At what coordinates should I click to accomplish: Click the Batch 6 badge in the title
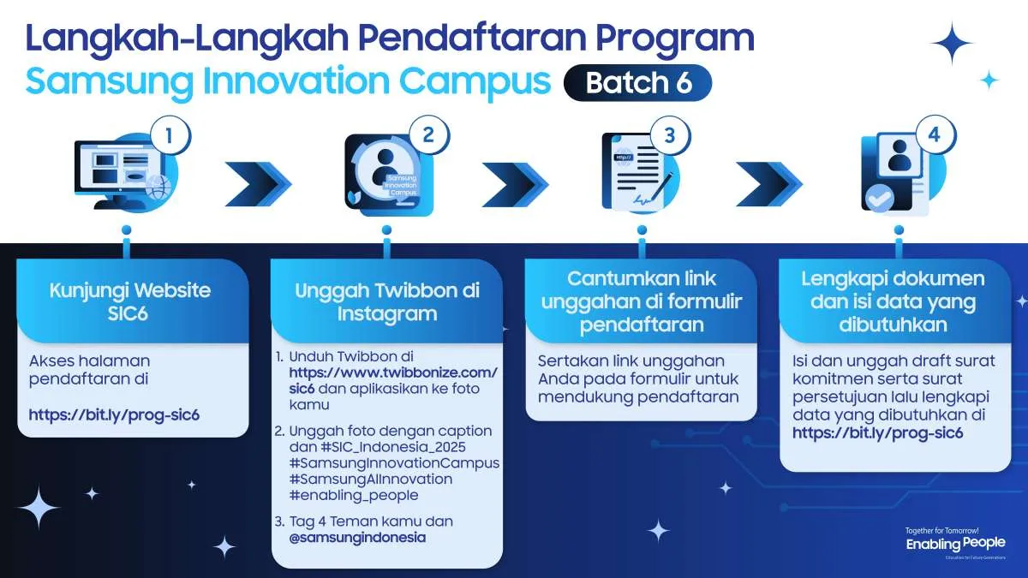[637, 83]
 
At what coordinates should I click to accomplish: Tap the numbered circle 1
[170, 135]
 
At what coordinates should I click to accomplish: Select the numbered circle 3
[670, 135]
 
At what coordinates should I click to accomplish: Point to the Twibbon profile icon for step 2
[385, 170]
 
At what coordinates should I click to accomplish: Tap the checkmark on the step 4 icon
[877, 200]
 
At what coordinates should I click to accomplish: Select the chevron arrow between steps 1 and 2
[257, 178]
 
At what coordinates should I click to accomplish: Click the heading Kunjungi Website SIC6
[129, 301]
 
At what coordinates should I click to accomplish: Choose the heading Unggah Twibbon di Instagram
[386, 301]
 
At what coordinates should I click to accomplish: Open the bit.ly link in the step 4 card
[878, 433]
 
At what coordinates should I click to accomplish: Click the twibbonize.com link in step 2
[393, 372]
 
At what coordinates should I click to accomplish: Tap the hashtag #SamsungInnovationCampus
[394, 462]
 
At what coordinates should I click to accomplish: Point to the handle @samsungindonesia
[357, 538]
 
